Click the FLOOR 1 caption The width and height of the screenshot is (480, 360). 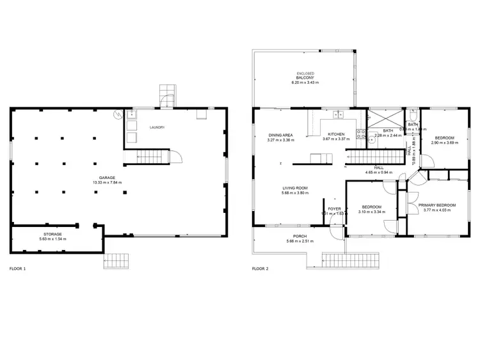(18, 269)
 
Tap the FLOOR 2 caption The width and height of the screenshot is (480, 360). (260, 269)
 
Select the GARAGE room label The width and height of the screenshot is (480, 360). (107, 177)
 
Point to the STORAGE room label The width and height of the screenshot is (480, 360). (52, 235)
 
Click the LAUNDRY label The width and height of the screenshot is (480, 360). (157, 128)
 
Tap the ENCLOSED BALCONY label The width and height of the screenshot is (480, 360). (305, 75)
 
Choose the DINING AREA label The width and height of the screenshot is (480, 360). (280, 135)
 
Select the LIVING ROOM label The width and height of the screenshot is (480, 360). (296, 188)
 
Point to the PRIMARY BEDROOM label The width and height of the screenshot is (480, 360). (438, 205)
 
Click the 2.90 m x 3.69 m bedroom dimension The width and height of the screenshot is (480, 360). (445, 143)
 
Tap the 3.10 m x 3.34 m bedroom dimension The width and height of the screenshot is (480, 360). (371, 212)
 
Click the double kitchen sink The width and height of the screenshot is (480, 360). (337, 115)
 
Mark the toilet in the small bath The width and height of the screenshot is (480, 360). (413, 116)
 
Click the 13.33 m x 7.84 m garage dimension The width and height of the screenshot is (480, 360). (107, 183)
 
